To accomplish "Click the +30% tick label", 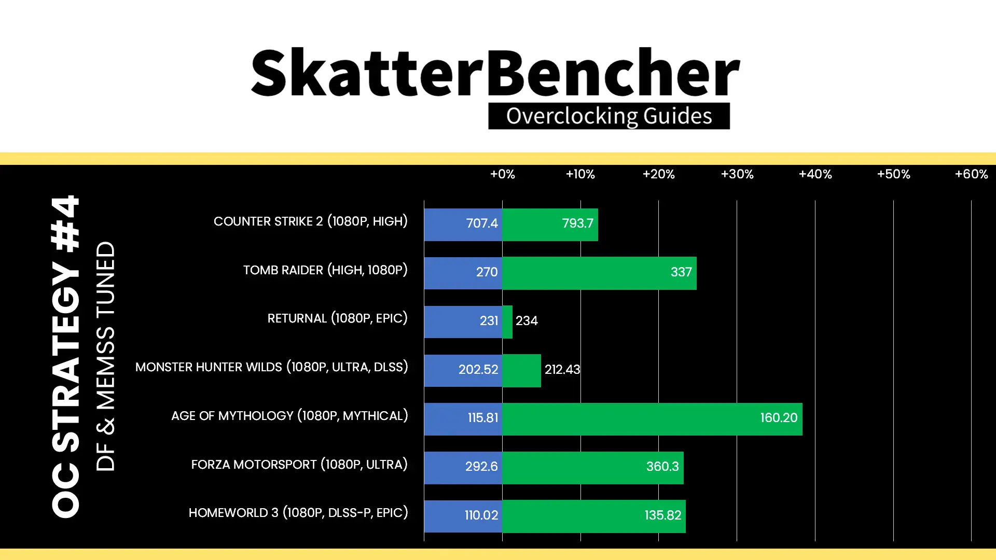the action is [737, 174].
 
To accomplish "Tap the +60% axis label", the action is [971, 174].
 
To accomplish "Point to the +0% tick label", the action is [503, 174].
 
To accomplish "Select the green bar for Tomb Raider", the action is [599, 273].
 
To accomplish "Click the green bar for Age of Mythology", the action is [652, 419].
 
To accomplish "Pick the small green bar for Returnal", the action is [507, 321].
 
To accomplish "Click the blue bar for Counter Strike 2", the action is [463, 225].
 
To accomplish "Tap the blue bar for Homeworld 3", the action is [463, 516].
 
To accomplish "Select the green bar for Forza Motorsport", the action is [593, 468].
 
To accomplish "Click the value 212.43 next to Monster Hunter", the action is [562, 370].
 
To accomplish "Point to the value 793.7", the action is [577, 223].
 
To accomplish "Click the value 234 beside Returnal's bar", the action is [527, 321].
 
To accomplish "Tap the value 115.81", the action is [482, 418].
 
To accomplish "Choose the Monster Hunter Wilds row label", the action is [272, 367].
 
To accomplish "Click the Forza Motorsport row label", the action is [299, 465].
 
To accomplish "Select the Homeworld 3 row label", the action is [298, 513].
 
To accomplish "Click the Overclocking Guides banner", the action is [609, 116].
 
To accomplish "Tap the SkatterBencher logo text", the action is [495, 73].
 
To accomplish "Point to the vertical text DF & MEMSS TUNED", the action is [105, 356].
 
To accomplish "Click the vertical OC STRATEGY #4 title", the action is [66, 356].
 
